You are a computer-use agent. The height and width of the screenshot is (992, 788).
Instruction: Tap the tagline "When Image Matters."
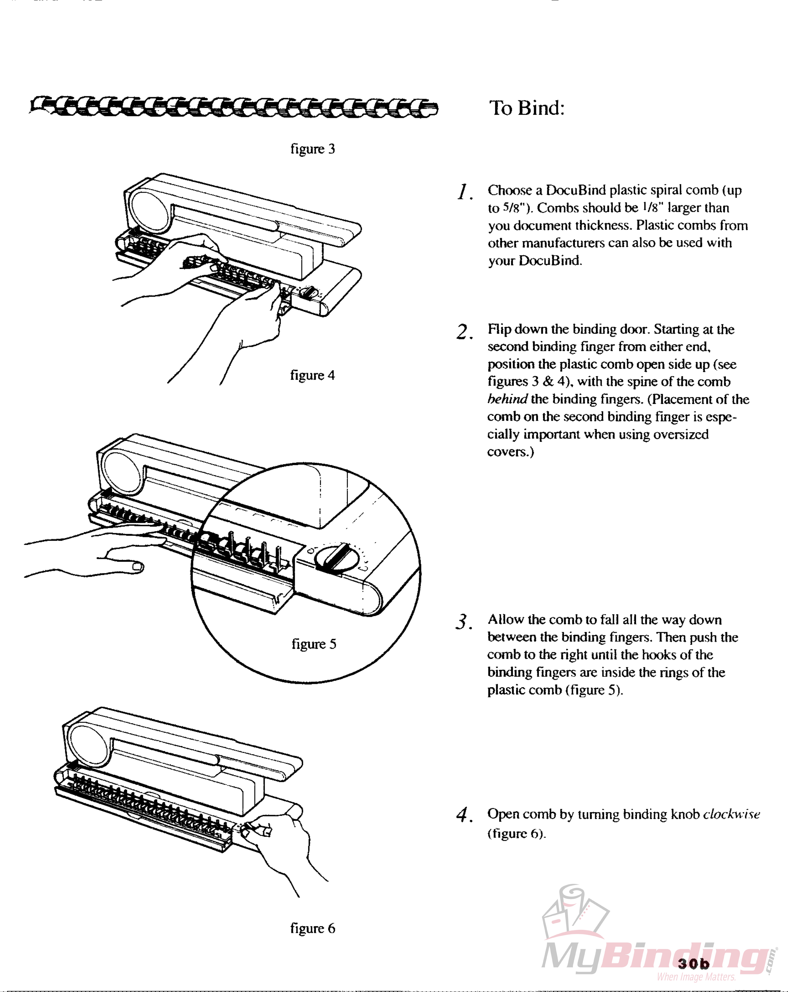click(696, 976)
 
